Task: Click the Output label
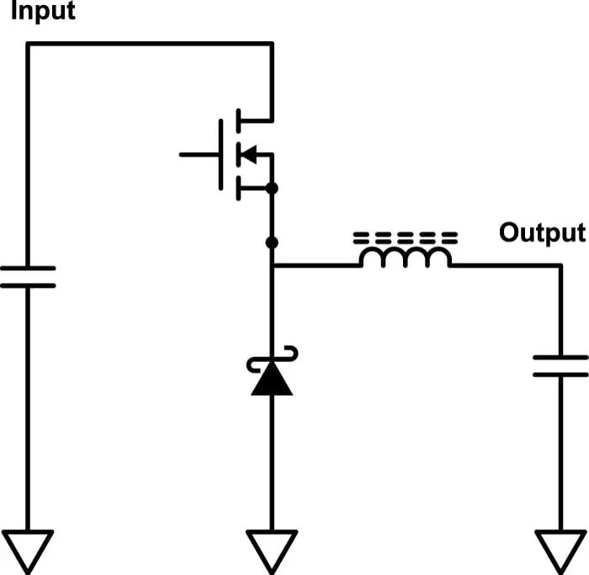pos(541,233)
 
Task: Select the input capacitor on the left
pos(28,278)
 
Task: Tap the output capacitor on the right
pos(560,366)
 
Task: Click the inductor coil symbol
pos(406,258)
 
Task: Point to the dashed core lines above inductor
pos(406,236)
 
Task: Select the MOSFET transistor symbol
pos(240,154)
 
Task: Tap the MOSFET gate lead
pos(199,155)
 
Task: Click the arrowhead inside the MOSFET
pos(248,154)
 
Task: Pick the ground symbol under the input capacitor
pos(28,548)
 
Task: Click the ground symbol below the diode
pos(271,548)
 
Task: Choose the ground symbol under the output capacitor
pos(560,548)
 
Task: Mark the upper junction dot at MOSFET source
pos(271,189)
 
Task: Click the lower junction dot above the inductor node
pos(271,243)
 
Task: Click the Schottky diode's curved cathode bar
pos(271,361)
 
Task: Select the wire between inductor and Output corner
pos(505,266)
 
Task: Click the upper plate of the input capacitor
pos(28,269)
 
